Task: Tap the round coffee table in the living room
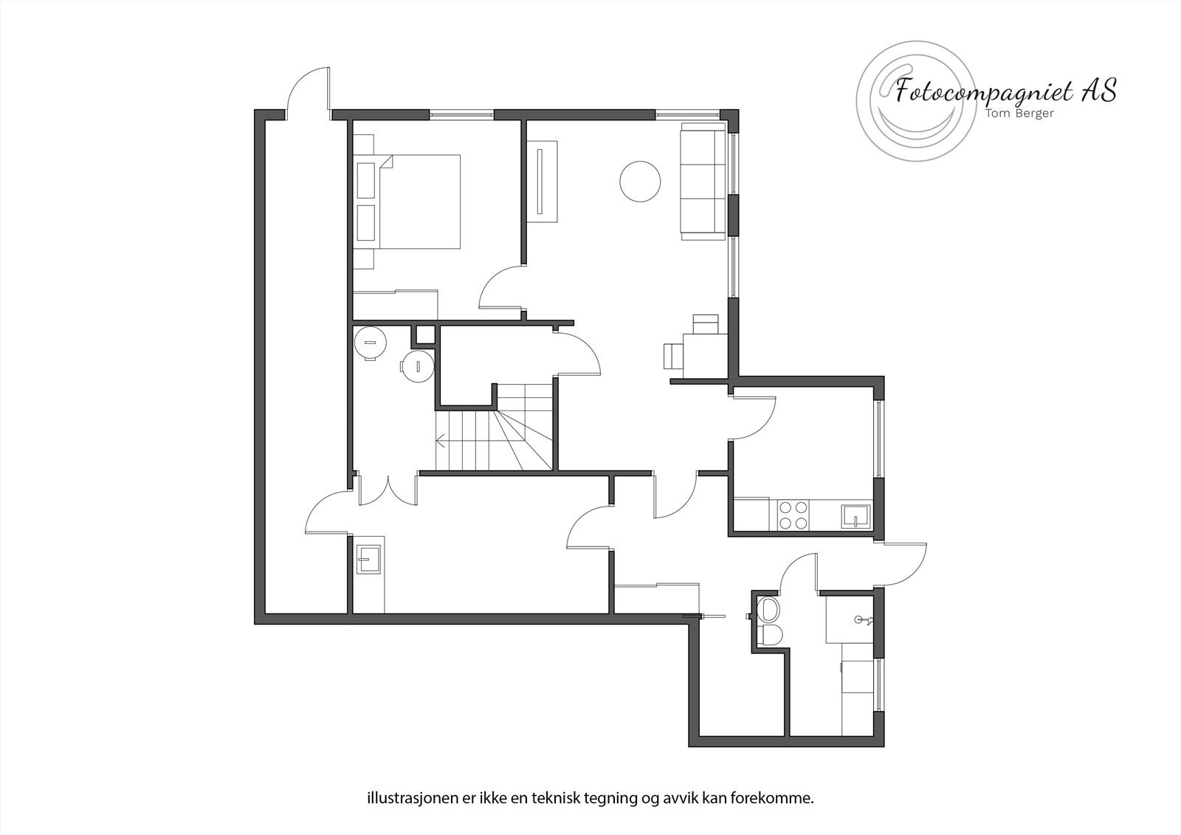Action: coord(640,181)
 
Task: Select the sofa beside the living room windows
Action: coord(702,182)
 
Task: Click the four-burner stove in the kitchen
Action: coord(792,515)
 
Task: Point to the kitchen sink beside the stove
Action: coord(856,515)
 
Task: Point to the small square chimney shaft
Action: coord(424,334)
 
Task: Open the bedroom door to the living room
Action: coord(502,288)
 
